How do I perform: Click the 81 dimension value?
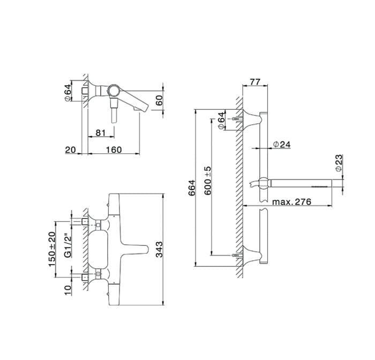[x=101, y=133]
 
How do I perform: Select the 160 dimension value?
[x=114, y=150]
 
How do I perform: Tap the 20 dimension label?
[x=70, y=150]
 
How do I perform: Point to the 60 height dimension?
[x=159, y=100]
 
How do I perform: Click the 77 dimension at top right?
[x=254, y=82]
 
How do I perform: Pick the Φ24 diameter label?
[x=282, y=145]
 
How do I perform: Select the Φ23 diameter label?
[x=339, y=163]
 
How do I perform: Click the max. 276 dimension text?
[x=292, y=202]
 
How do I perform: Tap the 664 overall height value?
[x=192, y=188]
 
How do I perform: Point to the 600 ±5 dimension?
[x=208, y=181]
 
